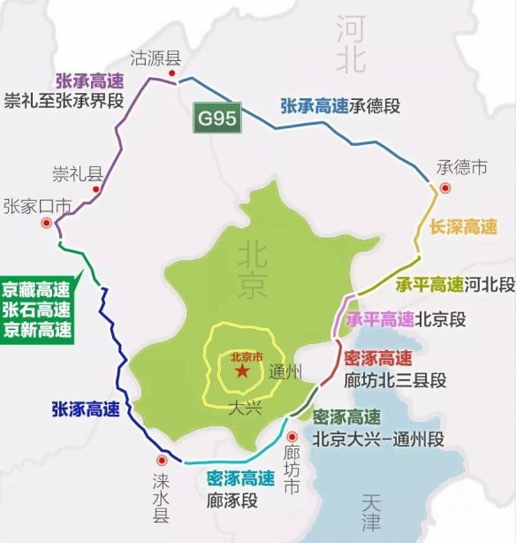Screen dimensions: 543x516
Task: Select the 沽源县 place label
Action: click(x=155, y=58)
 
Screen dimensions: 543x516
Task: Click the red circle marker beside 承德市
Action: click(x=445, y=187)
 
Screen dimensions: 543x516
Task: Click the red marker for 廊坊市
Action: click(x=292, y=435)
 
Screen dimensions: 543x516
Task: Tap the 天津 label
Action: click(x=368, y=514)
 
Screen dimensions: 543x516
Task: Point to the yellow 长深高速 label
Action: click(x=464, y=227)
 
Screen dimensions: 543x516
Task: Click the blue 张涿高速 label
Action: click(x=87, y=409)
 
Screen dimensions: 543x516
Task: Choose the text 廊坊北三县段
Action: click(x=395, y=380)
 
